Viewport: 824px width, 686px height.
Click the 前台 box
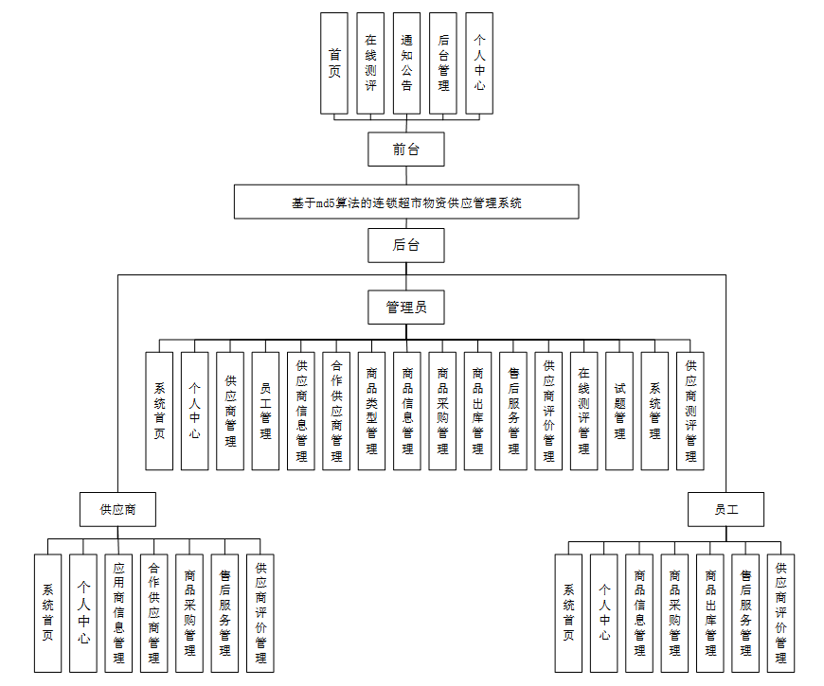(x=405, y=150)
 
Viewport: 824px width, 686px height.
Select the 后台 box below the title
(x=405, y=245)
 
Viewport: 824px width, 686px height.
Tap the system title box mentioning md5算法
(x=406, y=202)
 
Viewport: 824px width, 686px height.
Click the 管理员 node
(x=405, y=307)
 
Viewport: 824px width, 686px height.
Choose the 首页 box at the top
(x=334, y=64)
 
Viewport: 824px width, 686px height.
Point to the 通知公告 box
(x=406, y=64)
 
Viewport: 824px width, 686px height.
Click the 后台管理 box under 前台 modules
(x=443, y=64)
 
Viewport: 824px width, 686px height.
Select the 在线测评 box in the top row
(x=370, y=64)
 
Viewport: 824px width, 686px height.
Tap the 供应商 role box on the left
(x=118, y=509)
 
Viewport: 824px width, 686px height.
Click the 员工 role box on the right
(x=725, y=509)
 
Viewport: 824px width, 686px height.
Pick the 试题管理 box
(x=619, y=411)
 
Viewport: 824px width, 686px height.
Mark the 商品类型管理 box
(x=371, y=411)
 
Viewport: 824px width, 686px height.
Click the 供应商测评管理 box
(x=690, y=411)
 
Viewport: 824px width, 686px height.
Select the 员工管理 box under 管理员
(x=265, y=411)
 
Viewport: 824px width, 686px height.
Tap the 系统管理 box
(x=654, y=411)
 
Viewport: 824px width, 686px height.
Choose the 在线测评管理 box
(x=583, y=411)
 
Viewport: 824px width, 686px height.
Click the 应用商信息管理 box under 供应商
(x=118, y=613)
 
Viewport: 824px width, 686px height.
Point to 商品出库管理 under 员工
(x=710, y=613)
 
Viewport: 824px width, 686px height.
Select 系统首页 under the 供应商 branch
(x=48, y=613)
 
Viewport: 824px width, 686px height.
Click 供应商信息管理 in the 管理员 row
(x=301, y=411)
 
